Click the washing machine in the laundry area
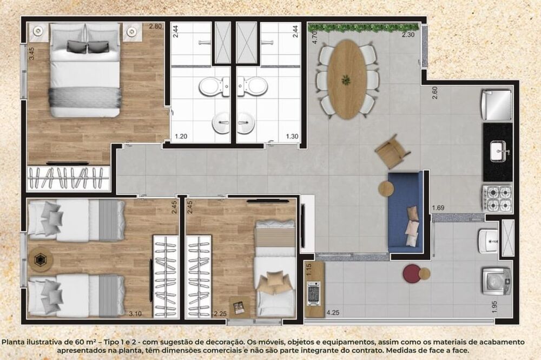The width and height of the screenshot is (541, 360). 496,280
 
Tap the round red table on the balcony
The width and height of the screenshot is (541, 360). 411,273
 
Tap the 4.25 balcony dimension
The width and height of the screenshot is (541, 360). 333,313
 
